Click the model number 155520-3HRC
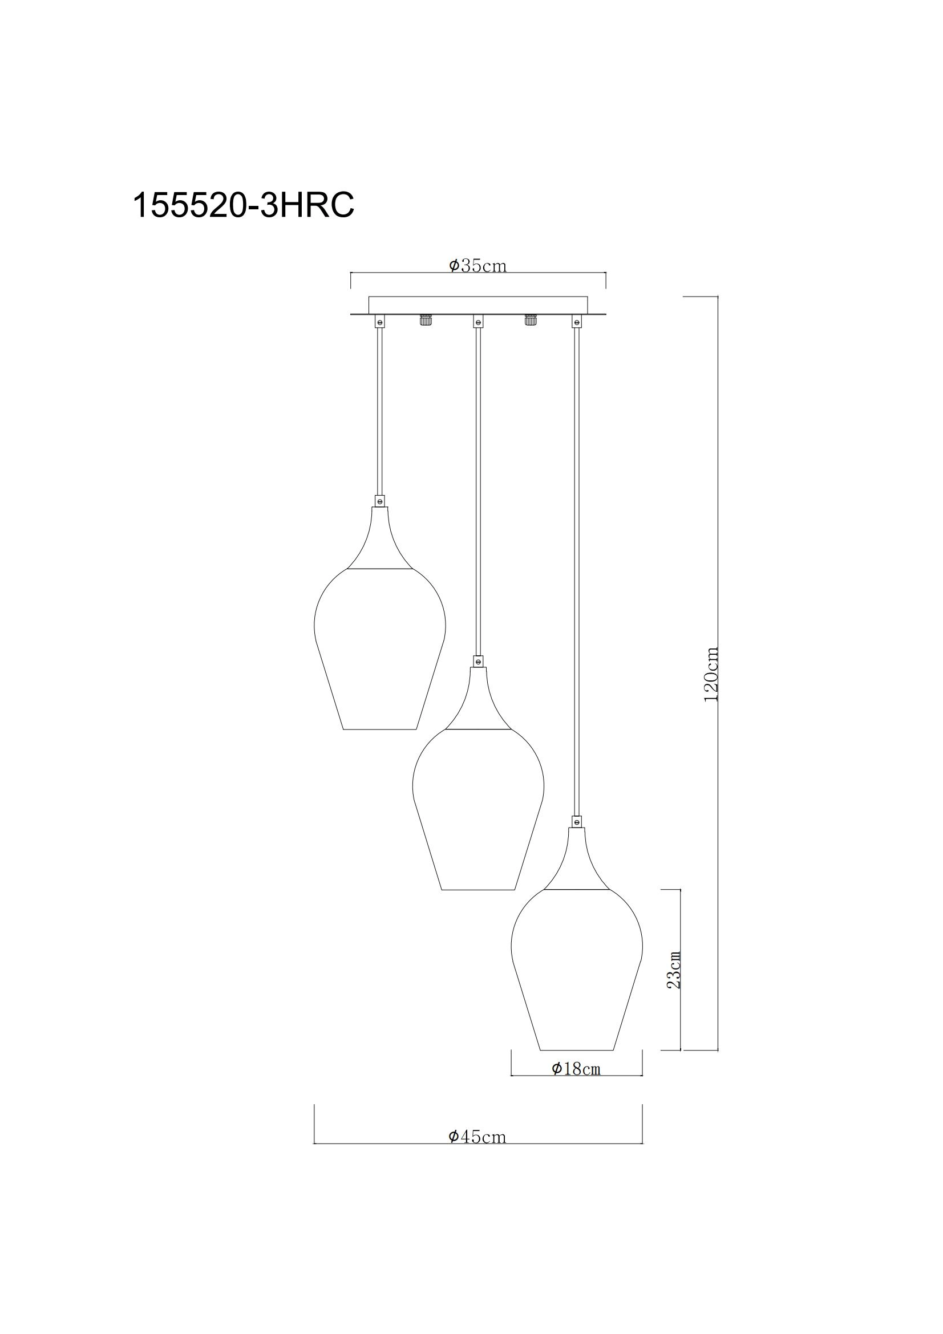[243, 206]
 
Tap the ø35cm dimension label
[477, 266]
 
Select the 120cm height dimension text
[711, 674]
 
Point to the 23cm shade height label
[673, 970]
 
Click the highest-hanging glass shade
[380, 651]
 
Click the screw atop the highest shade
[380, 500]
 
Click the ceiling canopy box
[478, 305]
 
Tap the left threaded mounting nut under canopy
[426, 319]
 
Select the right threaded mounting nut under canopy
[530, 319]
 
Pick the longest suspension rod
[576, 569]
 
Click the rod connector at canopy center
[478, 321]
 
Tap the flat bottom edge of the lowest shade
[576, 1050]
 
